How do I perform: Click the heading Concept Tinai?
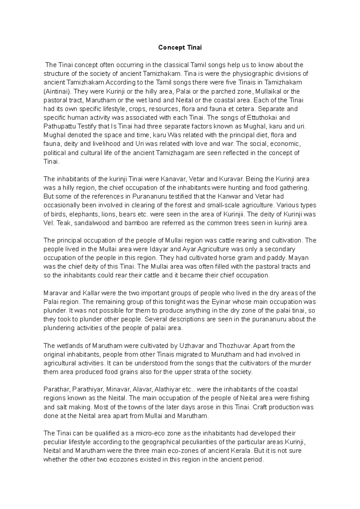180,47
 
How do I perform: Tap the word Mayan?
300,258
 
